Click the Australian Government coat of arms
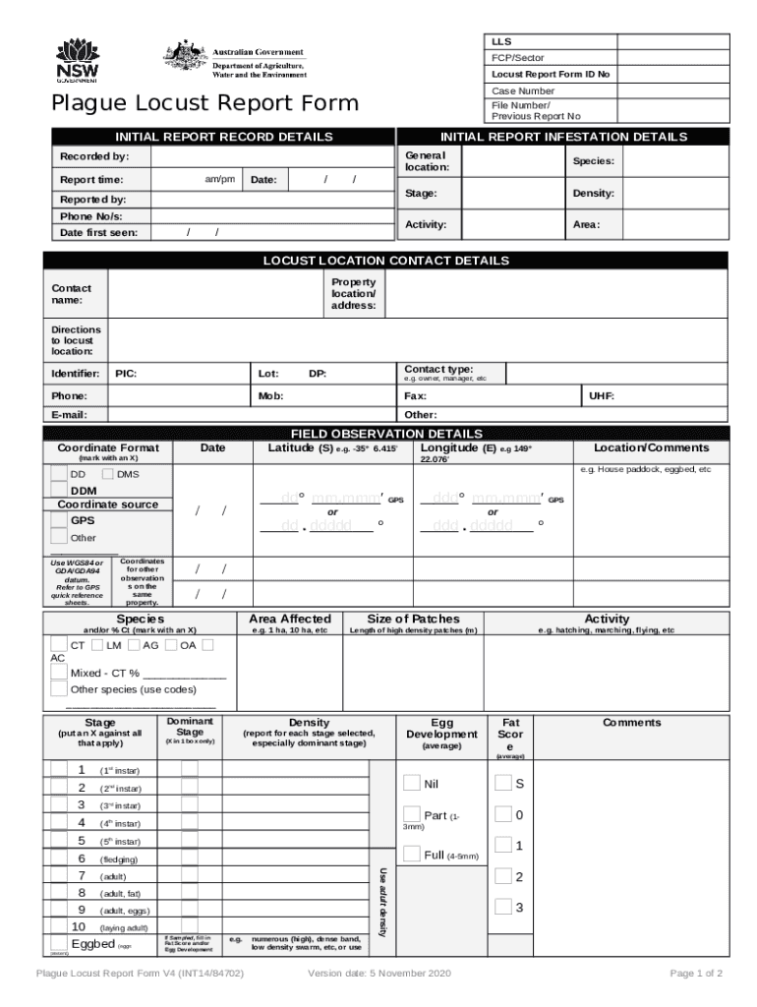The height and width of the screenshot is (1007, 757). point(184,59)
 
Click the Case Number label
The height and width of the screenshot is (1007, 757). point(523,90)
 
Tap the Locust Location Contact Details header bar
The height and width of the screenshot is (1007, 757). point(385,261)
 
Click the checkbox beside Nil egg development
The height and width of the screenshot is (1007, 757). point(412,783)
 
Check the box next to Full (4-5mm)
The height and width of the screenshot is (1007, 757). point(412,854)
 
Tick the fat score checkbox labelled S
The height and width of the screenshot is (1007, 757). point(503,783)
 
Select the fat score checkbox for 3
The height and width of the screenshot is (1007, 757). point(503,907)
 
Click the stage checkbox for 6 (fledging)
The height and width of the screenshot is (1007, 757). point(59,859)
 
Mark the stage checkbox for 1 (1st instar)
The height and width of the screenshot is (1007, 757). point(59,770)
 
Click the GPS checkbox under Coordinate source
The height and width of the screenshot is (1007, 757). point(59,520)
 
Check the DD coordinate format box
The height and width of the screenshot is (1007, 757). point(59,474)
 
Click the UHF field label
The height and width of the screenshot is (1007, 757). point(601,395)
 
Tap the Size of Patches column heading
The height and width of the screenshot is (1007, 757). point(413,619)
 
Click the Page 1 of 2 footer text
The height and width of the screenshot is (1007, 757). point(696,974)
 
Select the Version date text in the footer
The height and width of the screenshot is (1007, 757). point(378,974)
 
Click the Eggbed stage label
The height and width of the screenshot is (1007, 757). point(93,945)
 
